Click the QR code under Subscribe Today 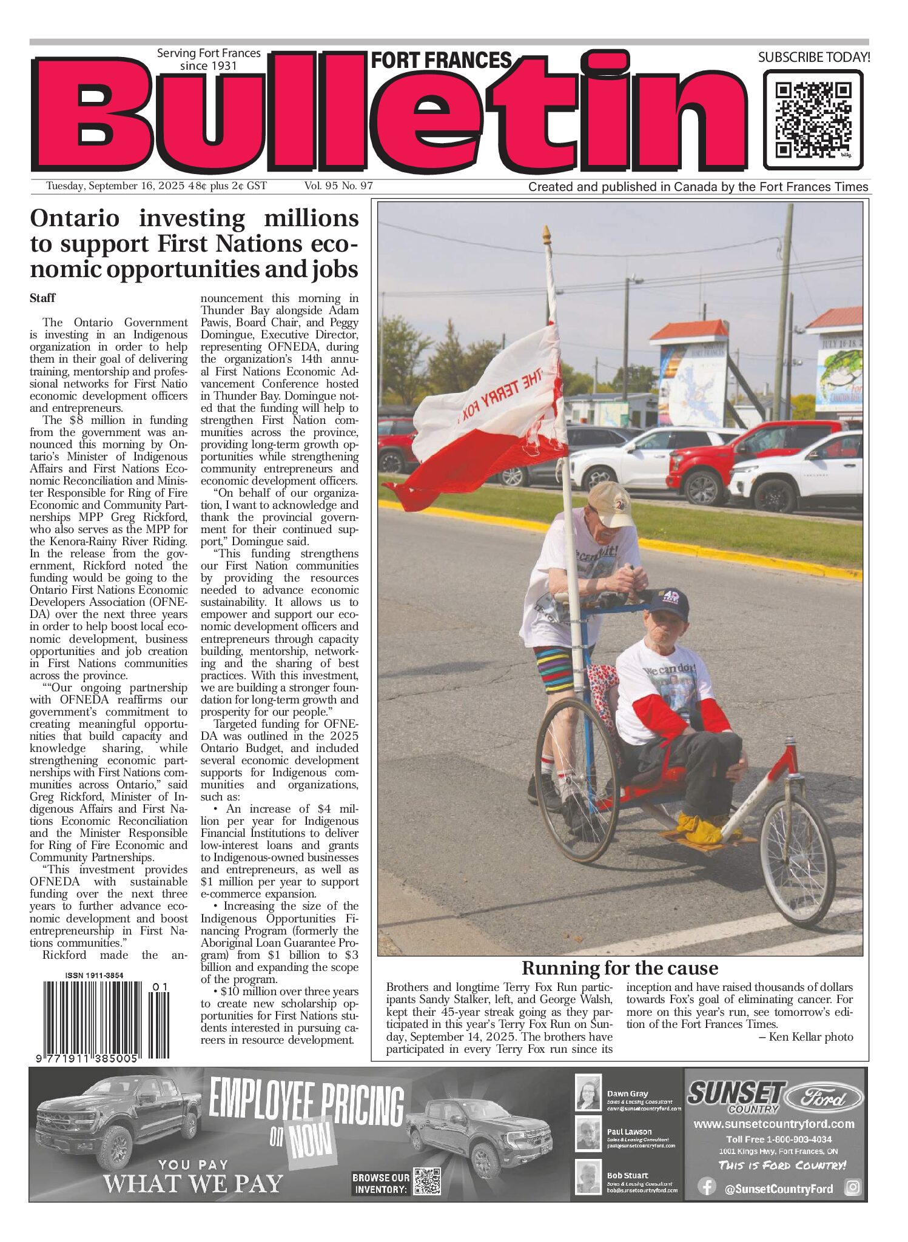coord(813,119)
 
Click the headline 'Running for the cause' coord(619,968)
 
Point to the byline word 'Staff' coord(42,298)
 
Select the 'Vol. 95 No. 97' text coord(338,186)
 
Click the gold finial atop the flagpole coord(546,233)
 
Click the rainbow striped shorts coord(553,668)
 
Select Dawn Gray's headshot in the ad coord(588,1093)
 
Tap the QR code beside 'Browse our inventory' coord(427,1181)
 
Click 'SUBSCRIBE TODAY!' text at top coord(813,58)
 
